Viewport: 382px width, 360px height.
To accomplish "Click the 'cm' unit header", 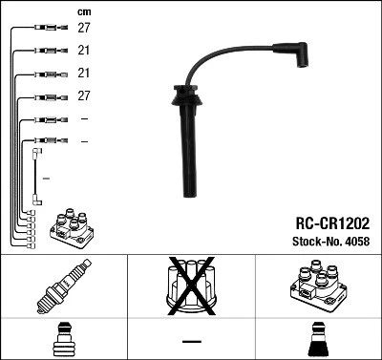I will (x=83, y=11).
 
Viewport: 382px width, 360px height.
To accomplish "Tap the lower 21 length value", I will (x=84, y=74).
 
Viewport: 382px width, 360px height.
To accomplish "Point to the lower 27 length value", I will (x=84, y=96).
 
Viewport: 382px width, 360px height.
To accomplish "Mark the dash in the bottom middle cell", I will (x=191, y=340).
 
